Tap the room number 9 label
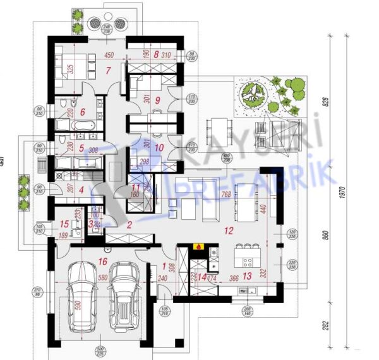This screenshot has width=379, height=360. (x=158, y=99)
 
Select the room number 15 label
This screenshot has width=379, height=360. (x=64, y=224)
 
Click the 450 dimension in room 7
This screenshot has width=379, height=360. (x=108, y=54)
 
